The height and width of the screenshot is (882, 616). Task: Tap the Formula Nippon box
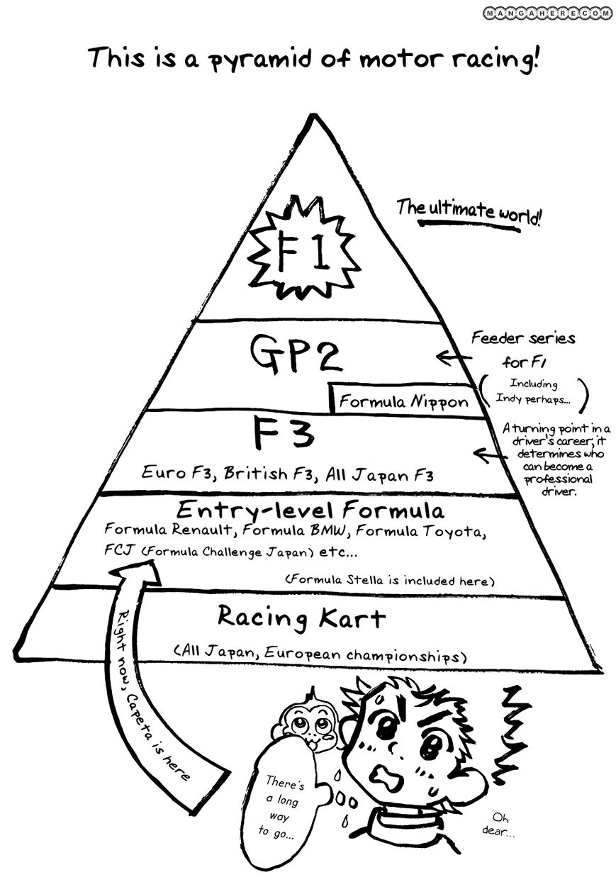[403, 401]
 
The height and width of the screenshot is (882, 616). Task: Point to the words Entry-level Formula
[310, 510]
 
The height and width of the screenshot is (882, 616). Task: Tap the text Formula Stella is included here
[389, 580]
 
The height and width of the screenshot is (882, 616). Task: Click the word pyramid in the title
[257, 58]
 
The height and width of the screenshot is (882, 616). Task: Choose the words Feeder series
[523, 339]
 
